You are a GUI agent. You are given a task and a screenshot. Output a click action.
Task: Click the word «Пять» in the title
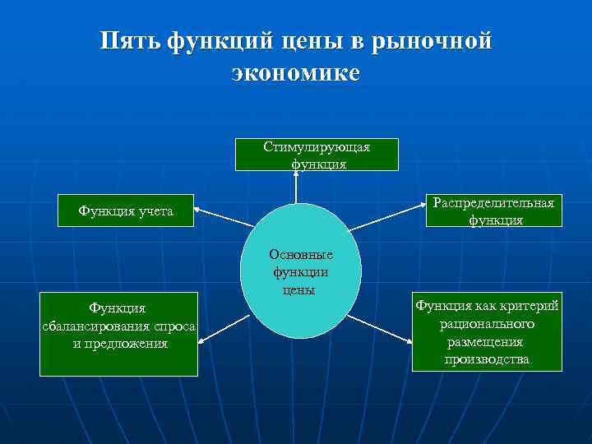click(x=132, y=41)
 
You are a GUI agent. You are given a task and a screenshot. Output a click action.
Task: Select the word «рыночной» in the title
click(x=433, y=41)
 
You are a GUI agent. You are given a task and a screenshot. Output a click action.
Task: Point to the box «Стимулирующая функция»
click(x=317, y=155)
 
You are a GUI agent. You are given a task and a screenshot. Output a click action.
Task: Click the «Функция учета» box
click(x=126, y=211)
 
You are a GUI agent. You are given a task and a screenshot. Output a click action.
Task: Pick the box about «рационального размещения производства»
click(x=488, y=332)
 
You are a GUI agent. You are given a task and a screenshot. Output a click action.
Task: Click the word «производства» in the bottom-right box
click(x=488, y=359)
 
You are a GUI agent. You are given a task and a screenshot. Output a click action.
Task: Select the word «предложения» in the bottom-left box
click(x=120, y=343)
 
